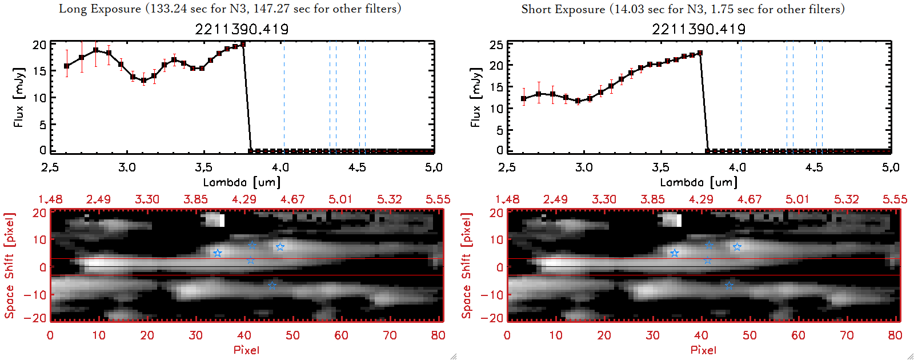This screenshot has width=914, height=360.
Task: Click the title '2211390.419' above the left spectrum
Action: pyautogui.click(x=242, y=29)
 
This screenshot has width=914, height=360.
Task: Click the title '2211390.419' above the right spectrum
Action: pyautogui.click(x=699, y=29)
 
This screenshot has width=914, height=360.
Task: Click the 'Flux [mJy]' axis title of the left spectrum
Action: pyautogui.click(x=19, y=97)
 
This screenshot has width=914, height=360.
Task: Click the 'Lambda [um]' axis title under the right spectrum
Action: pyautogui.click(x=699, y=182)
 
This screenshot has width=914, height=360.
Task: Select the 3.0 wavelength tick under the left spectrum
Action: pyautogui.click(x=127, y=167)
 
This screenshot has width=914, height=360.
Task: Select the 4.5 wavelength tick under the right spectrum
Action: pyautogui.click(x=814, y=167)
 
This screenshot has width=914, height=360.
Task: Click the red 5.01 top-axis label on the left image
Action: pyautogui.click(x=340, y=199)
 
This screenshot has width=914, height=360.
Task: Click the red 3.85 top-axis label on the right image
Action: pyautogui.click(x=652, y=199)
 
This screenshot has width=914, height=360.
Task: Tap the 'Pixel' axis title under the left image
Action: pyautogui.click(x=246, y=350)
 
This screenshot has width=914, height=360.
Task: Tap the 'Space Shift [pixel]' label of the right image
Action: pyautogui.click(x=467, y=266)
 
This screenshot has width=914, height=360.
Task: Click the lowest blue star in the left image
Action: pyautogui.click(x=272, y=286)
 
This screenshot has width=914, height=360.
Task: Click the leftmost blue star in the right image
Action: pyautogui.click(x=675, y=253)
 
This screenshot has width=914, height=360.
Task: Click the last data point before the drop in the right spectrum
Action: pyautogui.click(x=700, y=53)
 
